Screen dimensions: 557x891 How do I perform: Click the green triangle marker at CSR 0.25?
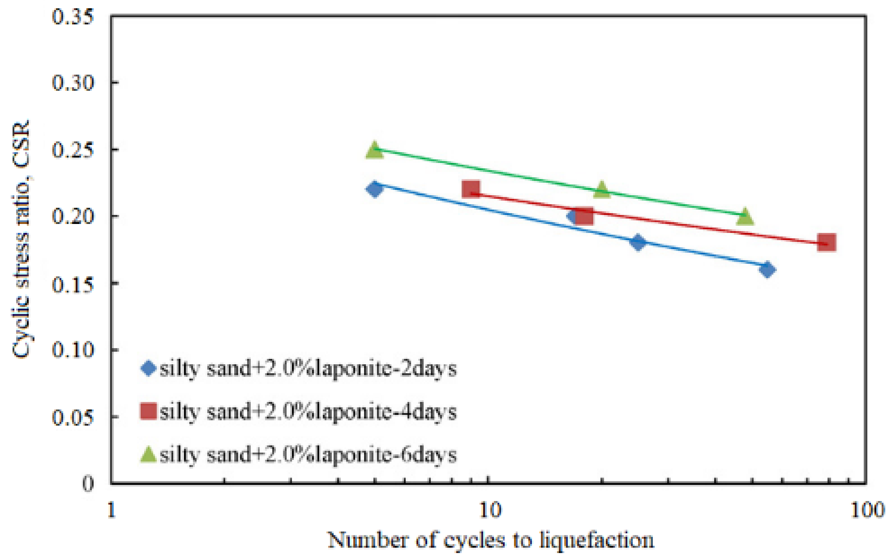click(x=374, y=150)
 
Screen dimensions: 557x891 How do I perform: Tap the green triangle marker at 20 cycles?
click(x=602, y=190)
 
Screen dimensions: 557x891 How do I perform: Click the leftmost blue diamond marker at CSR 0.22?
click(x=375, y=189)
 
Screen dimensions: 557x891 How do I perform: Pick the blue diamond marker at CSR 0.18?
click(x=638, y=242)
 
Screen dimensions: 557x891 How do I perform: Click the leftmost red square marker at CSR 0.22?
click(x=471, y=189)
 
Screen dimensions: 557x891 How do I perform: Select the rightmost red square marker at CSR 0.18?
click(x=826, y=242)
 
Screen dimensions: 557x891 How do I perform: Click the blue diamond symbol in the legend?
click(x=149, y=368)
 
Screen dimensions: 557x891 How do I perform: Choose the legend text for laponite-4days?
click(x=308, y=412)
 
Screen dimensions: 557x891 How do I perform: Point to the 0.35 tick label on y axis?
click(x=72, y=17)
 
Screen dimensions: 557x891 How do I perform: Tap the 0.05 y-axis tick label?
click(x=72, y=417)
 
